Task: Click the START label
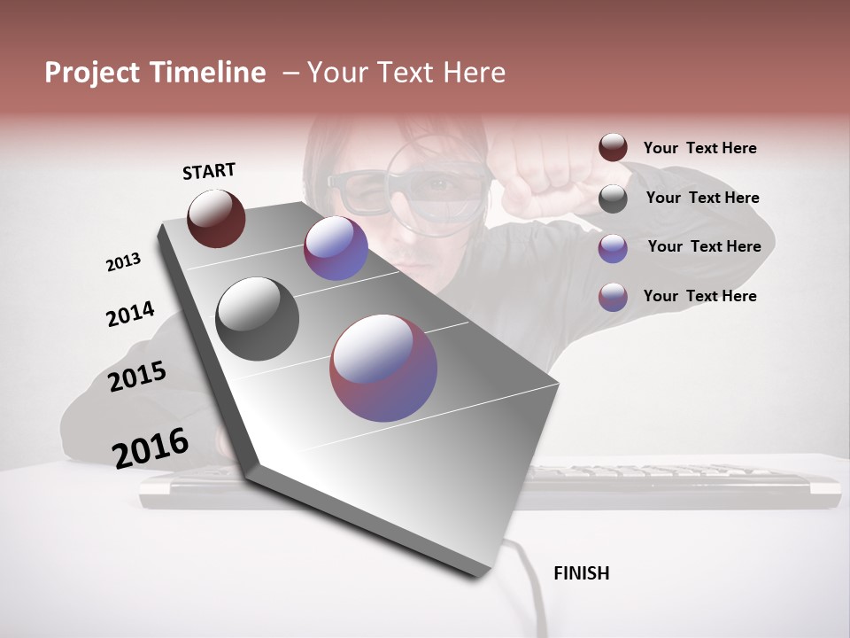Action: coord(209,171)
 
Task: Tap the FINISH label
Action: coord(581,573)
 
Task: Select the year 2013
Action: coord(123,262)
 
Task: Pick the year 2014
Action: coord(130,314)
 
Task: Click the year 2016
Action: coord(151,447)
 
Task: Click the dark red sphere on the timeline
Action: coord(216,218)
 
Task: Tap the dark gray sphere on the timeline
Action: coord(258,319)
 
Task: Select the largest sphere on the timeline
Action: coord(383,368)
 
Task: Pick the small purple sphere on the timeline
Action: coord(336,248)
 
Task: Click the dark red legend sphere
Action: coord(613,148)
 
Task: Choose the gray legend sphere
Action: coord(613,198)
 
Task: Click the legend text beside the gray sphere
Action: coord(702,198)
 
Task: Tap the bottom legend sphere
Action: coord(613,297)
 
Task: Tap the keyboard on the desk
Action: coord(673,483)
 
